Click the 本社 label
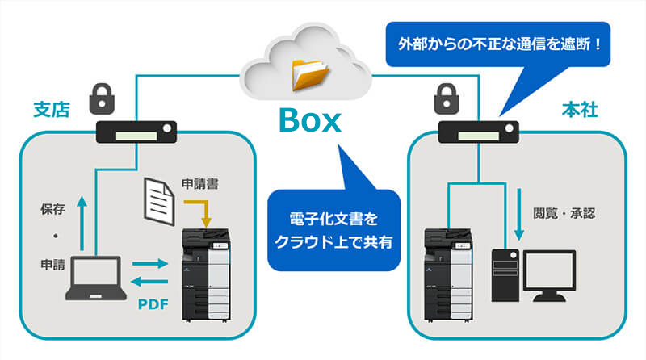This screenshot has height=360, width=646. tap(578, 110)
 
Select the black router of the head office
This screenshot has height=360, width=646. tap(478, 130)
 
